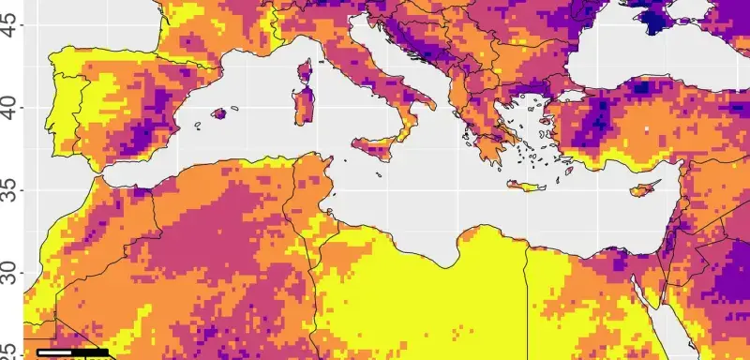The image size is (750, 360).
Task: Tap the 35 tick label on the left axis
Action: [x=12, y=191]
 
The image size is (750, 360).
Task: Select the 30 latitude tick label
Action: [x=12, y=273]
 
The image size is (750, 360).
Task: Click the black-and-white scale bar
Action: [x=73, y=352]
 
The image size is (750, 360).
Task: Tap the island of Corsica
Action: [x=306, y=71]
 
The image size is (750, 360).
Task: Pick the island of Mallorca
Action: [x=220, y=113]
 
